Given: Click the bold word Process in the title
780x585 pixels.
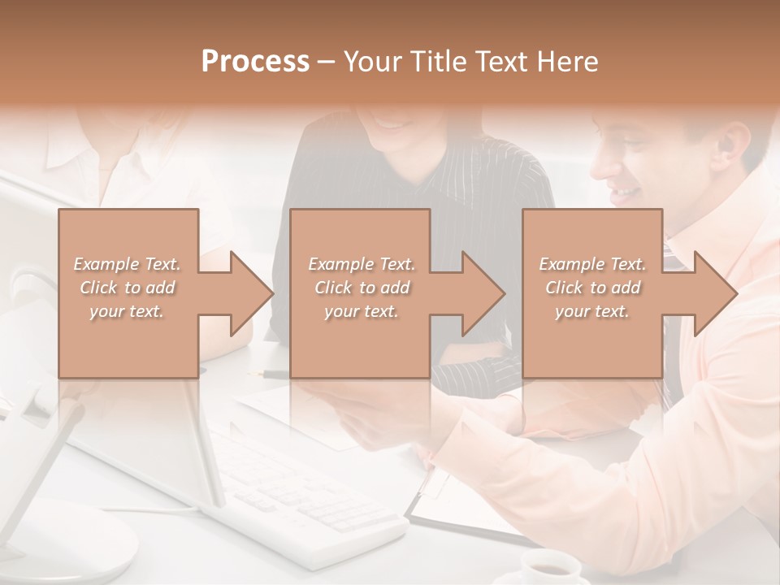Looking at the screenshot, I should click(x=255, y=61).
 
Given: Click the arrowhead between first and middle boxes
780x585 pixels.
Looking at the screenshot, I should click(x=249, y=293).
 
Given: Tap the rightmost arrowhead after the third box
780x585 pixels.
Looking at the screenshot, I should click(x=713, y=293).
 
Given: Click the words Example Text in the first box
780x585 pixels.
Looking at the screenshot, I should click(x=128, y=264).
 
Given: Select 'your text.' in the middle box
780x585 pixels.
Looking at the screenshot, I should click(x=362, y=311).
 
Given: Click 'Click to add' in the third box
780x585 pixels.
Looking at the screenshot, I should click(x=593, y=288).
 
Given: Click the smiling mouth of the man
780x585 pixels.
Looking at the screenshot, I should click(x=625, y=193).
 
